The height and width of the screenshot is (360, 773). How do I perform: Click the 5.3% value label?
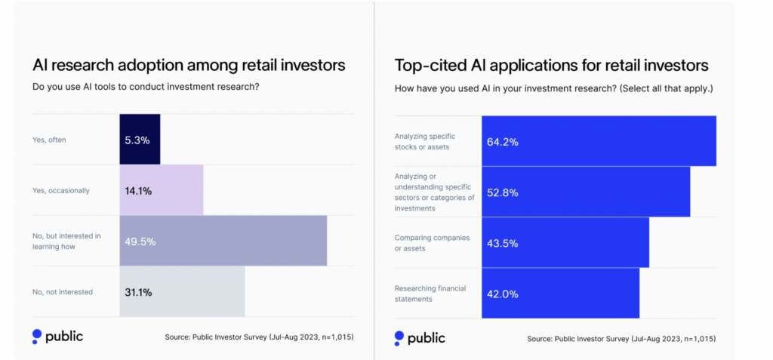(138, 140)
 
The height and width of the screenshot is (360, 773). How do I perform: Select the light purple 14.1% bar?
(162, 191)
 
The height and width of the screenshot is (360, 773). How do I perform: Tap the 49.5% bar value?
(140, 242)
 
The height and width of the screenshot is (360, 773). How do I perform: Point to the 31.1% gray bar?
(182, 292)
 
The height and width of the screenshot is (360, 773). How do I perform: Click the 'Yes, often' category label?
(49, 140)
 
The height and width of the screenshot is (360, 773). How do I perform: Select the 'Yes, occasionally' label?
(61, 191)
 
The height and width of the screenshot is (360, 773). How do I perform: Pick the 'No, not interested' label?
(63, 292)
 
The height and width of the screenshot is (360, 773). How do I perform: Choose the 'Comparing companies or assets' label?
(432, 243)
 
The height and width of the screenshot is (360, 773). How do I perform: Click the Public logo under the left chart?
(57, 337)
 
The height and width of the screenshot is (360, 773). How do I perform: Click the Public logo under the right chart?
(420, 338)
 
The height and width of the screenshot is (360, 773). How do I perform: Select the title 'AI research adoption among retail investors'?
(189, 65)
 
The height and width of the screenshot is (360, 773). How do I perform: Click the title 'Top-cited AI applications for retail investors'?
(551, 65)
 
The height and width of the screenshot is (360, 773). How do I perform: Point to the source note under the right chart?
(621, 339)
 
